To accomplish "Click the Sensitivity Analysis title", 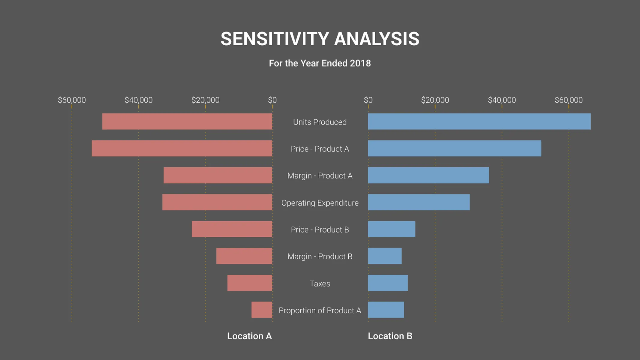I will pyautogui.click(x=320, y=39).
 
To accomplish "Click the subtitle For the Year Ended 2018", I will pyautogui.click(x=320, y=63).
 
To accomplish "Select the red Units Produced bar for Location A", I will pyautogui.click(x=187, y=121).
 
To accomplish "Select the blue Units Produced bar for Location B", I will pyautogui.click(x=479, y=121).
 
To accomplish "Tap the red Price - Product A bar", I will pyautogui.click(x=182, y=148).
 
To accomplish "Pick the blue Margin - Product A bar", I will pyautogui.click(x=428, y=175).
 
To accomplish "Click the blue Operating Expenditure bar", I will pyautogui.click(x=419, y=202).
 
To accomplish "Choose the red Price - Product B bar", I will pyautogui.click(x=232, y=229).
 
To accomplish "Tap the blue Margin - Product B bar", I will pyautogui.click(x=385, y=256).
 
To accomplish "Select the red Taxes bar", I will pyautogui.click(x=250, y=283).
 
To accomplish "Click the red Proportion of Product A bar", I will pyautogui.click(x=262, y=310).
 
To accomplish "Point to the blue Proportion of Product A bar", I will pyautogui.click(x=386, y=310).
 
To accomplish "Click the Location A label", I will pyautogui.click(x=249, y=336).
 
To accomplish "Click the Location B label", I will pyautogui.click(x=390, y=336).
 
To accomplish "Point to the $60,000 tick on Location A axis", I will pyautogui.click(x=72, y=100).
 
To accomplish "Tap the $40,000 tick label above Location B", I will pyautogui.click(x=502, y=100).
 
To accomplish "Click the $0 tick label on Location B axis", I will pyautogui.click(x=368, y=100).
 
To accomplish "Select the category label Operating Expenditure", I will pyautogui.click(x=320, y=203).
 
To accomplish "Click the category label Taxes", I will pyautogui.click(x=320, y=283).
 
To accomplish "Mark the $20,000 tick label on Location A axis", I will pyautogui.click(x=206, y=100).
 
